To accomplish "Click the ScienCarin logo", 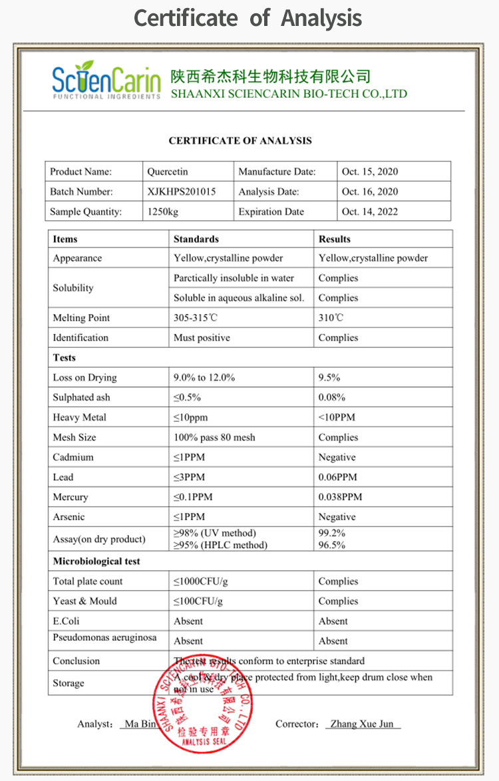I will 106,80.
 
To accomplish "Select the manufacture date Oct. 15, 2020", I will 370,172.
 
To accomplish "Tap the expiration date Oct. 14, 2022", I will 370,212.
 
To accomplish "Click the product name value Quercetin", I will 168,172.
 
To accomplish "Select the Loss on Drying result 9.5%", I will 329,377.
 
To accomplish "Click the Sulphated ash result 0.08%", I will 332,397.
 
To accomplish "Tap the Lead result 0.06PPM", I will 338,477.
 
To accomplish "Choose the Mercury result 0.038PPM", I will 341,497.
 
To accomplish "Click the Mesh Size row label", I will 75,437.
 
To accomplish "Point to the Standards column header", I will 196,239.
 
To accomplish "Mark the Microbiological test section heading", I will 96,561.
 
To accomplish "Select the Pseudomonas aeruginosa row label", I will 105,637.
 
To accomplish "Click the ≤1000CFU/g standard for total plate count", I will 201,581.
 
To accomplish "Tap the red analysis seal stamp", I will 204,703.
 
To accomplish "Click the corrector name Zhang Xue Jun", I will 363,724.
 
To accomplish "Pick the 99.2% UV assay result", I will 332,534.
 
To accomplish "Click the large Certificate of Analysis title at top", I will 248,18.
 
